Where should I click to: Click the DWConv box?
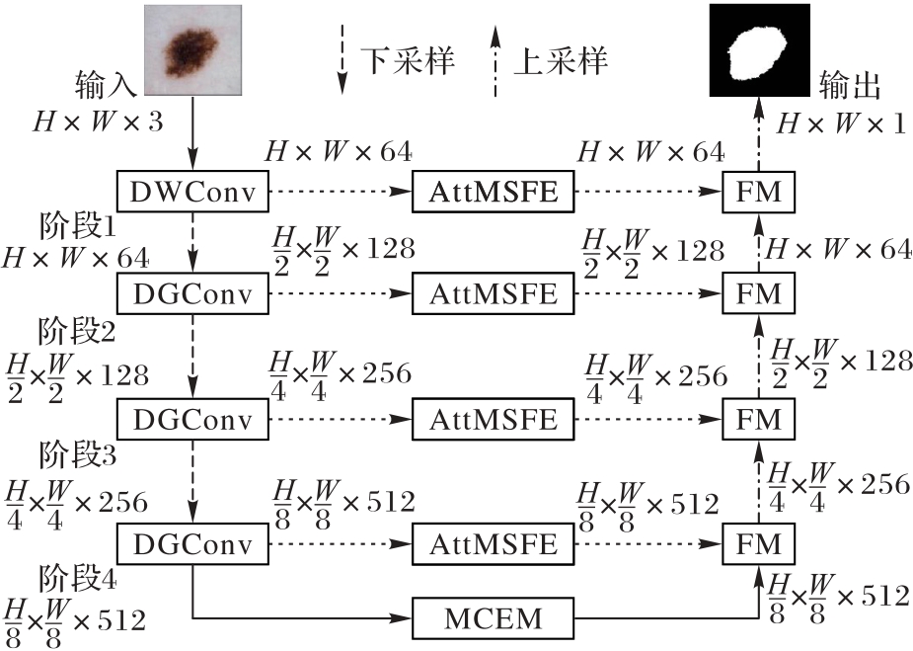point(192,192)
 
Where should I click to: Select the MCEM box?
point(494,620)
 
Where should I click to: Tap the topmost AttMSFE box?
point(494,192)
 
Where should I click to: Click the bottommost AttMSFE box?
point(494,544)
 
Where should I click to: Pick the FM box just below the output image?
point(758,192)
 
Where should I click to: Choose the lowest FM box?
point(758,544)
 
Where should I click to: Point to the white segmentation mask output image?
point(759,50)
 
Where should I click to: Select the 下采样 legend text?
point(407,61)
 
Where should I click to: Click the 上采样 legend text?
point(561,61)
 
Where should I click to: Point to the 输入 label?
point(105,84)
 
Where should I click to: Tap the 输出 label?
point(849,87)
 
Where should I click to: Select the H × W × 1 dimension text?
point(840,122)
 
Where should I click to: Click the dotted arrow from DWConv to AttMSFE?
point(341,192)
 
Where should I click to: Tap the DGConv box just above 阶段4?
point(192,544)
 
